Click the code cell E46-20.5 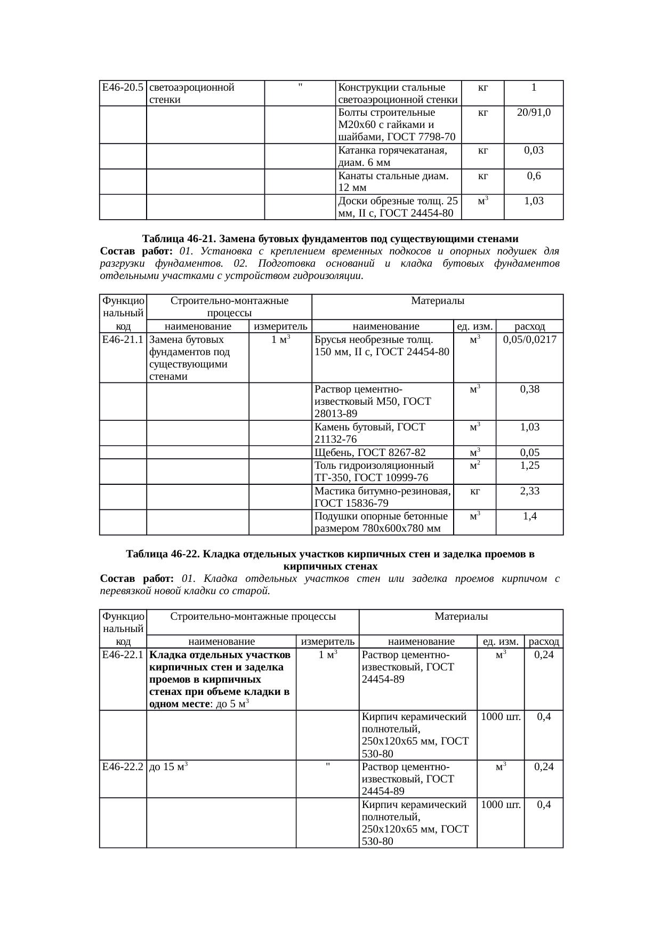pos(123,87)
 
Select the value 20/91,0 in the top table pos(534,113)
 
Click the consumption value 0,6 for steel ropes pos(534,177)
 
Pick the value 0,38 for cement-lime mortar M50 pos(529,390)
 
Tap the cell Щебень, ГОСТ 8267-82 pos(370,453)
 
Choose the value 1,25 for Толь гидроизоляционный pos(529,466)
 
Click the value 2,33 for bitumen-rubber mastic pos(529,491)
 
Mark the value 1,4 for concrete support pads pos(529,516)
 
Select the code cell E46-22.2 pos(123,767)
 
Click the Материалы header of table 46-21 pos(437,301)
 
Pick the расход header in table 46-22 pos(543,642)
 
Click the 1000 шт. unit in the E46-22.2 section pos(500,805)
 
